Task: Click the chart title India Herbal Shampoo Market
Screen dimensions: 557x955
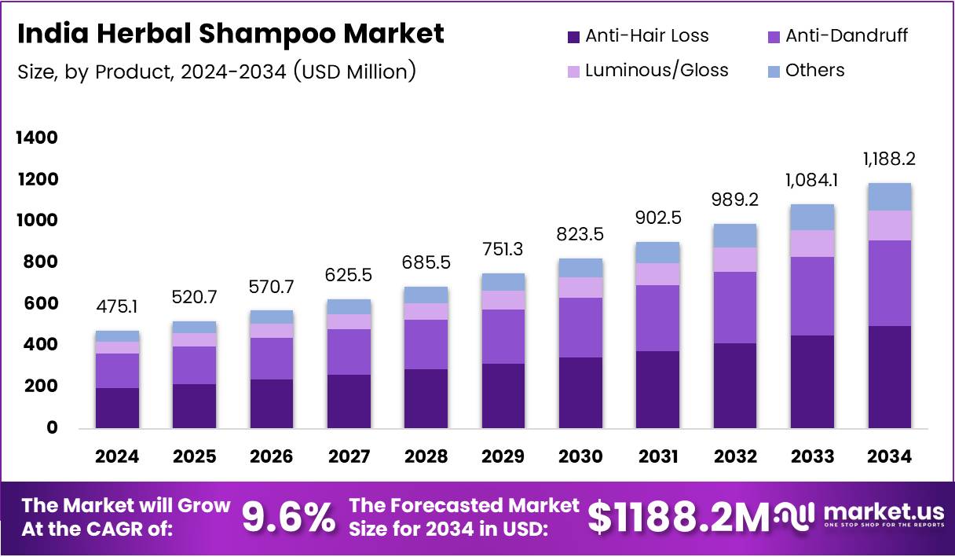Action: tap(230, 34)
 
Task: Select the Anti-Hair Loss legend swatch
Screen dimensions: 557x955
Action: tap(573, 36)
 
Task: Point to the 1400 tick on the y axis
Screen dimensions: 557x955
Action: tap(38, 138)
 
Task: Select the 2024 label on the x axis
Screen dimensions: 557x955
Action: tap(117, 456)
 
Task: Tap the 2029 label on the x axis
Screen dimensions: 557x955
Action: tap(503, 456)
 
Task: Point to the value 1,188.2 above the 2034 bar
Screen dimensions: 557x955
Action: tap(890, 159)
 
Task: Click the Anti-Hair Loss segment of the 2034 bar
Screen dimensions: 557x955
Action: tap(890, 377)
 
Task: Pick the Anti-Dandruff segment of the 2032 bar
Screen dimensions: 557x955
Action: tap(735, 307)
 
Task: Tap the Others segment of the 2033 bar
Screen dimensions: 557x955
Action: tap(812, 217)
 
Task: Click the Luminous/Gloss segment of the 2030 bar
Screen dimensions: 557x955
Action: tap(580, 288)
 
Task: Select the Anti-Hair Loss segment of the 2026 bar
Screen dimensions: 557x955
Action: tap(272, 404)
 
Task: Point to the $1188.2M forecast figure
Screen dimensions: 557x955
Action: tap(679, 518)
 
